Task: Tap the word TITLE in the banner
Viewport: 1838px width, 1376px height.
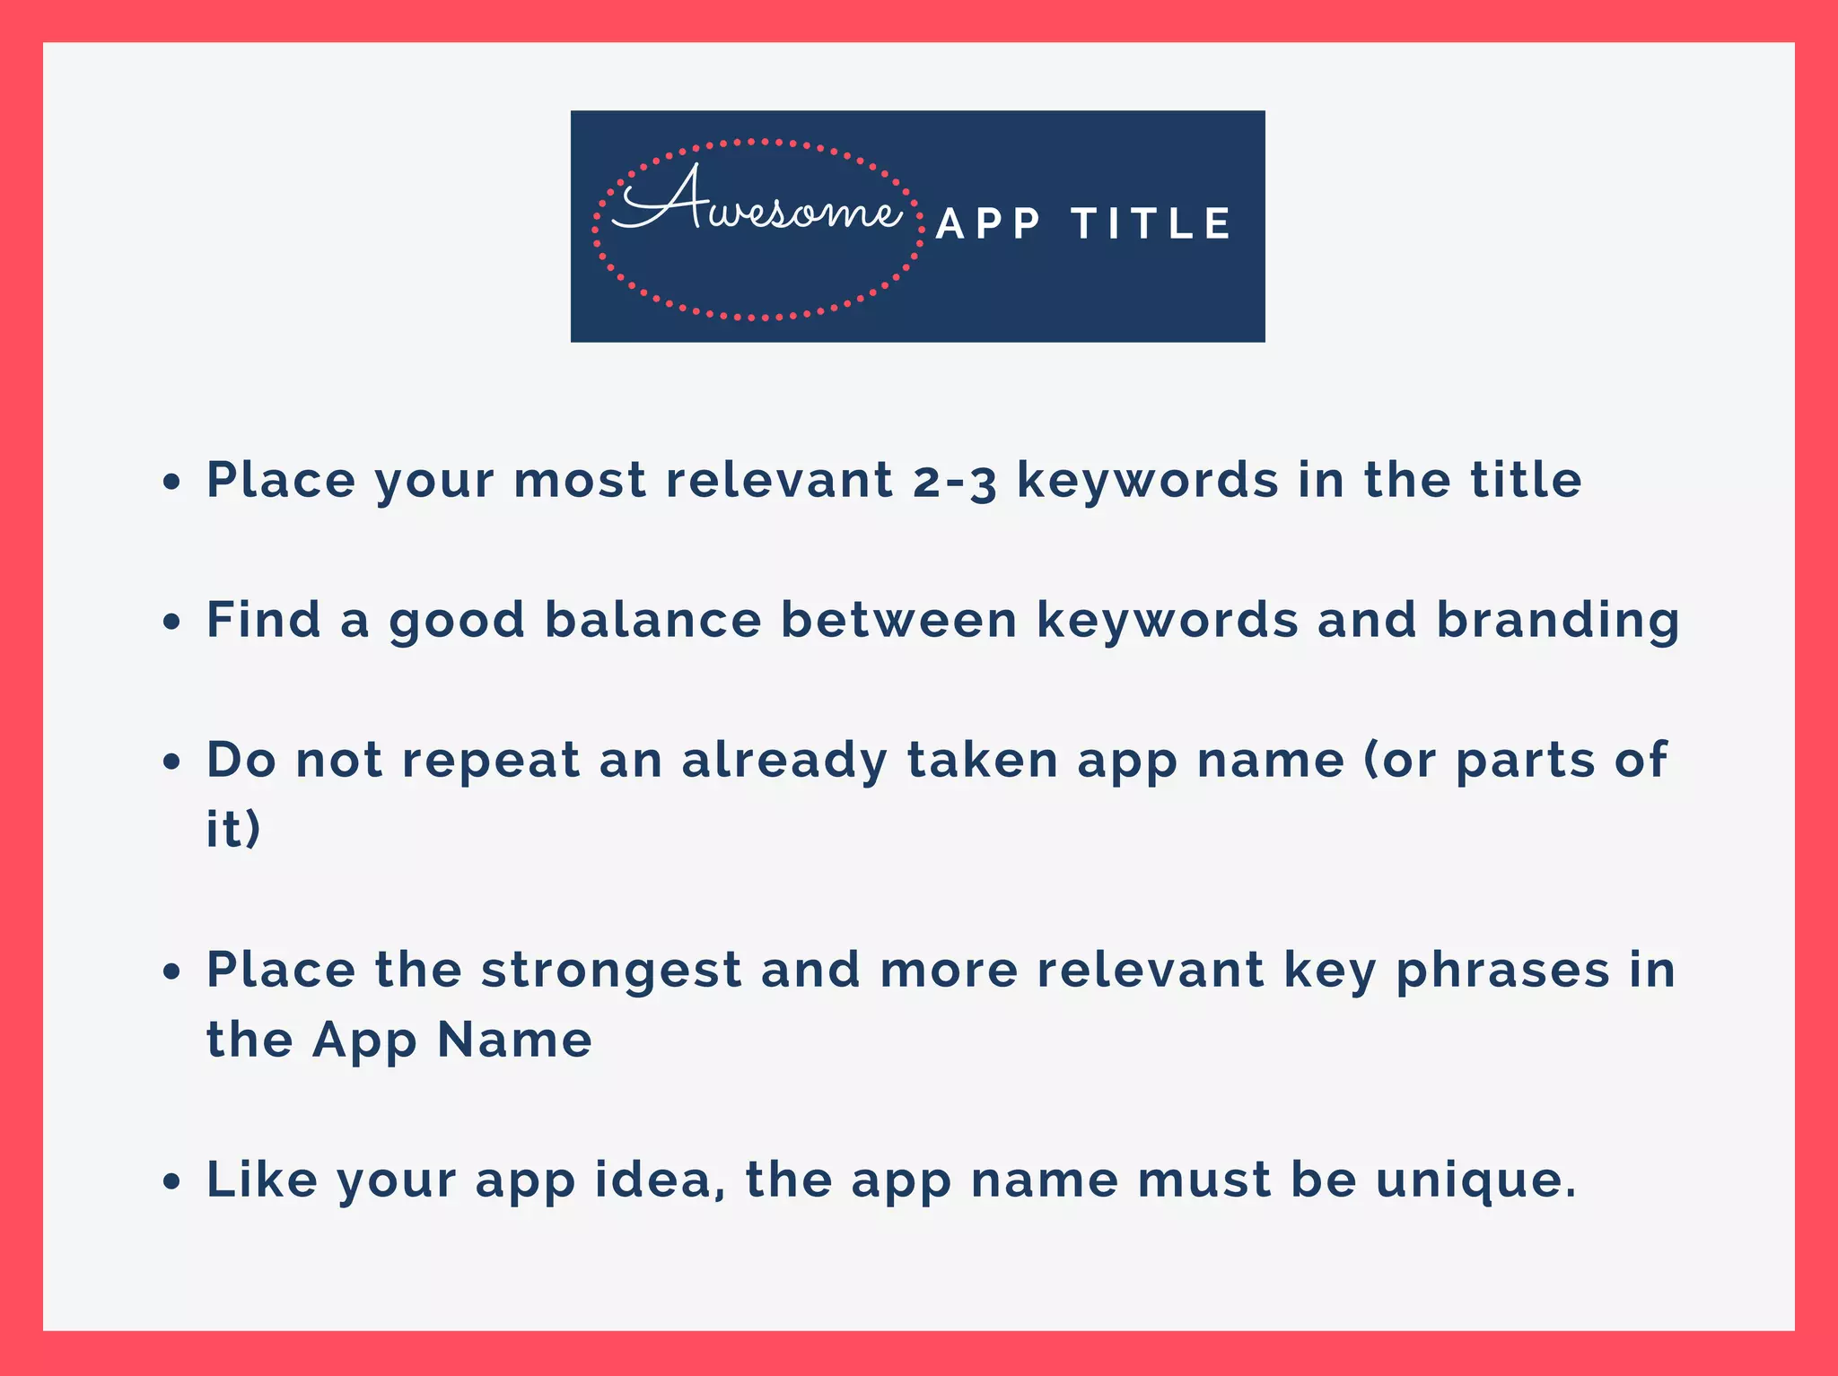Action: click(1152, 224)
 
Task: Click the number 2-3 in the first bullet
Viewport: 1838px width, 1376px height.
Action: click(955, 481)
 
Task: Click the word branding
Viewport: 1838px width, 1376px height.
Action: click(1558, 620)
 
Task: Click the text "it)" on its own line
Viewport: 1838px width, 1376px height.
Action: click(233, 829)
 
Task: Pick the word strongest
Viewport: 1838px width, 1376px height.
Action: click(611, 971)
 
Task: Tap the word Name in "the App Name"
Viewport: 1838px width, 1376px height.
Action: click(514, 1041)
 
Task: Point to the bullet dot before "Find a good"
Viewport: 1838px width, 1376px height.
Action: click(171, 623)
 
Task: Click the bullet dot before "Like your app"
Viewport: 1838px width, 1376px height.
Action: click(171, 1182)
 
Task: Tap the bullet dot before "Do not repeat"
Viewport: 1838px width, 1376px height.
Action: click(171, 762)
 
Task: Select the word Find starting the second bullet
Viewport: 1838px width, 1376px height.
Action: click(263, 620)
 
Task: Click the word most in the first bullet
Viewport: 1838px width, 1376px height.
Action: click(580, 481)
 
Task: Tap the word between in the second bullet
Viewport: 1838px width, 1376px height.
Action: click(898, 620)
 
